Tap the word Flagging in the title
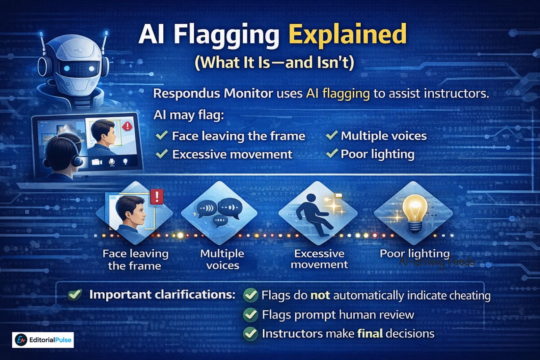[226, 34]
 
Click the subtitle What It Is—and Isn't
[274, 62]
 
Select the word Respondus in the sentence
[186, 93]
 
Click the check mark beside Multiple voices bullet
[332, 135]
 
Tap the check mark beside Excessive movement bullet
[162, 154]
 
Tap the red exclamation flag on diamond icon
[157, 197]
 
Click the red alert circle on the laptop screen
[127, 126]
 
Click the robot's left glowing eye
[67, 68]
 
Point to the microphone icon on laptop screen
[112, 162]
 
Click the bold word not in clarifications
[320, 296]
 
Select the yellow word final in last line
[370, 334]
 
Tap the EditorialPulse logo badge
[43, 340]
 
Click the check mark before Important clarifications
[75, 295]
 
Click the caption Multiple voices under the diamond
[222, 259]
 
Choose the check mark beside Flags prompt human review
[250, 314]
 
